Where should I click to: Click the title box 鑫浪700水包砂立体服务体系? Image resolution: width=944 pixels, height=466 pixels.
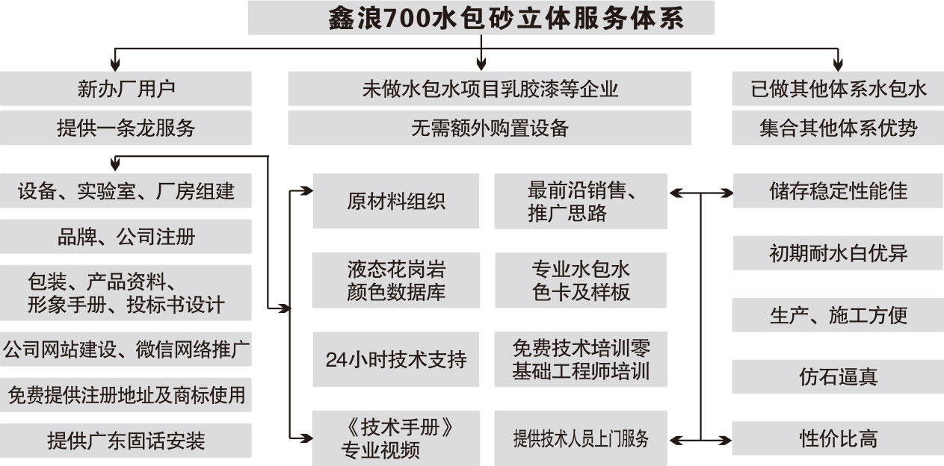[x=481, y=18]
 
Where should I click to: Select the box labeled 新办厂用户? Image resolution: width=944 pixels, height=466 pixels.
[x=126, y=89]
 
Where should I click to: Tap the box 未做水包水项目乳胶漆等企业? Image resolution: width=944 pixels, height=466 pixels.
[x=490, y=89]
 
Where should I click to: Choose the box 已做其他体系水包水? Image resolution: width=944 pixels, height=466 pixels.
[x=838, y=89]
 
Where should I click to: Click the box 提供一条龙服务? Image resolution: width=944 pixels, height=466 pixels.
[x=126, y=128]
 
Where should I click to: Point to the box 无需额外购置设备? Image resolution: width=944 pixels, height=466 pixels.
[x=490, y=128]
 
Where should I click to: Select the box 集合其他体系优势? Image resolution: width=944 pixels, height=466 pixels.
[x=838, y=128]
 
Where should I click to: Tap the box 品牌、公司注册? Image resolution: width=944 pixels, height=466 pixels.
[x=126, y=237]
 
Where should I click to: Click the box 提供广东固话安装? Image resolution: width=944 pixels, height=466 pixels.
[x=126, y=441]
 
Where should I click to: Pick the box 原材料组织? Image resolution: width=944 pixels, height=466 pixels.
[x=395, y=202]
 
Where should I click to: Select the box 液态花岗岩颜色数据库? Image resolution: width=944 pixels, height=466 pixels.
[x=395, y=280]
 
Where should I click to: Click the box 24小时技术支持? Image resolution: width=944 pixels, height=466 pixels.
[x=395, y=359]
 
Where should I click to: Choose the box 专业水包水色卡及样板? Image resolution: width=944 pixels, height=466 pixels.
[x=580, y=280]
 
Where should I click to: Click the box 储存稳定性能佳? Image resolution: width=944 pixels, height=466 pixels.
[x=838, y=191]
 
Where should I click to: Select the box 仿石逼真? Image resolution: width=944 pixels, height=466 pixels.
[x=838, y=376]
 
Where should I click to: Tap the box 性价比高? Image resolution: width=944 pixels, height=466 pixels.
[x=838, y=438]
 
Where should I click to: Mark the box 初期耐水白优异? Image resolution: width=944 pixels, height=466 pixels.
[x=838, y=253]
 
